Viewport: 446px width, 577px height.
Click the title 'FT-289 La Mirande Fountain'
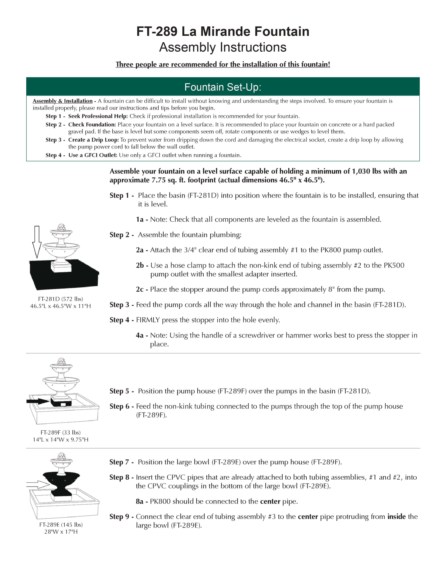point(223,31)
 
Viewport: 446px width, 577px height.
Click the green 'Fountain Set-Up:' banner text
point(223,87)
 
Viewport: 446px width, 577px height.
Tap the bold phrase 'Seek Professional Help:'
point(98,116)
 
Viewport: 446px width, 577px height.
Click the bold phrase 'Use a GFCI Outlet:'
point(93,155)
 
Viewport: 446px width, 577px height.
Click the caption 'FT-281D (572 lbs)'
point(61,299)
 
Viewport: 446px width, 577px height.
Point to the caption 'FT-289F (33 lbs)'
point(61,432)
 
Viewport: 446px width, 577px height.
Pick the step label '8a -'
point(142,501)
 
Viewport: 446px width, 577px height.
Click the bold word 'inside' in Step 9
point(396,517)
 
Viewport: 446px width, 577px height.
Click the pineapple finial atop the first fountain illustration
point(61,227)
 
